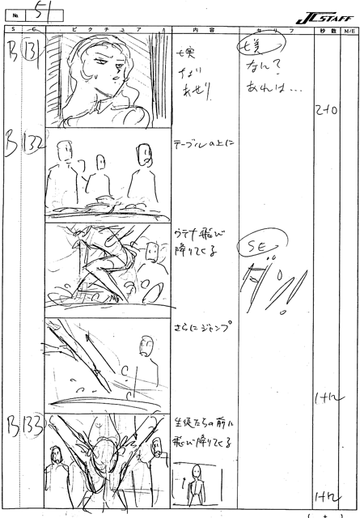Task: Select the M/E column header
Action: coord(349,30)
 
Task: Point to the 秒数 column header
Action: coord(327,30)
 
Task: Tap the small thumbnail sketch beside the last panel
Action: coord(195,485)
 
